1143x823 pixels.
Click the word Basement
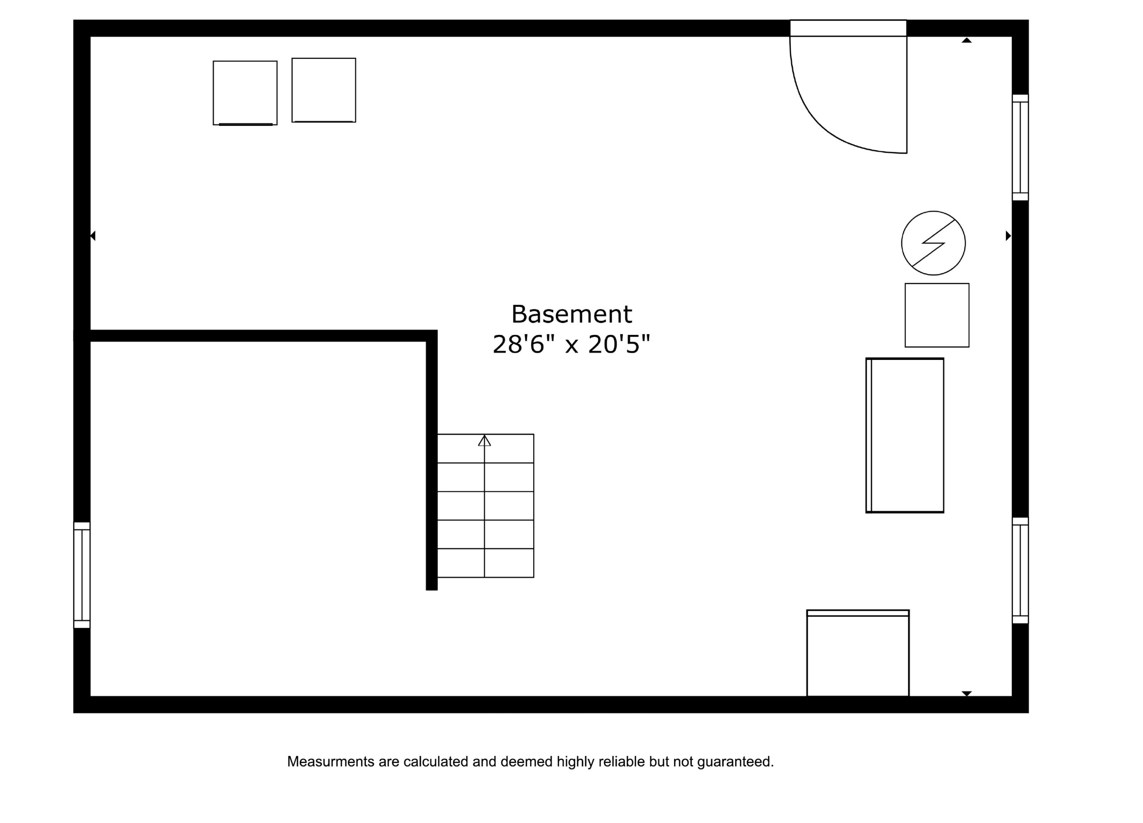click(571, 314)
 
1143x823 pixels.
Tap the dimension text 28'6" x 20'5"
click(571, 345)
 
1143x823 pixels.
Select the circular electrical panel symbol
click(933, 243)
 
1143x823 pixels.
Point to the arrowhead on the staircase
click(484, 440)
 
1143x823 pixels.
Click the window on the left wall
click(82, 575)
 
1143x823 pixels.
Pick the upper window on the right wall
click(1021, 147)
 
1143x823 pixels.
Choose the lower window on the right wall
click(1021, 571)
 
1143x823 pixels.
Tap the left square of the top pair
click(245, 93)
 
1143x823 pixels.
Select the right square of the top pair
click(324, 90)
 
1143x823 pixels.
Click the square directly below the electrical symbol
click(937, 315)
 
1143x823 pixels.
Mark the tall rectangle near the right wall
click(905, 435)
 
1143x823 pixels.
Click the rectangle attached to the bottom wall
click(858, 653)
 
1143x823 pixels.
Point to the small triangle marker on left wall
click(93, 235)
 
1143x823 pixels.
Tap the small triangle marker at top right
click(967, 40)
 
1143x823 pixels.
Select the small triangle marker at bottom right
click(967, 693)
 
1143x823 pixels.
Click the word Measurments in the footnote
click(330, 761)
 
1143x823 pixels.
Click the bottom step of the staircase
click(485, 563)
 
